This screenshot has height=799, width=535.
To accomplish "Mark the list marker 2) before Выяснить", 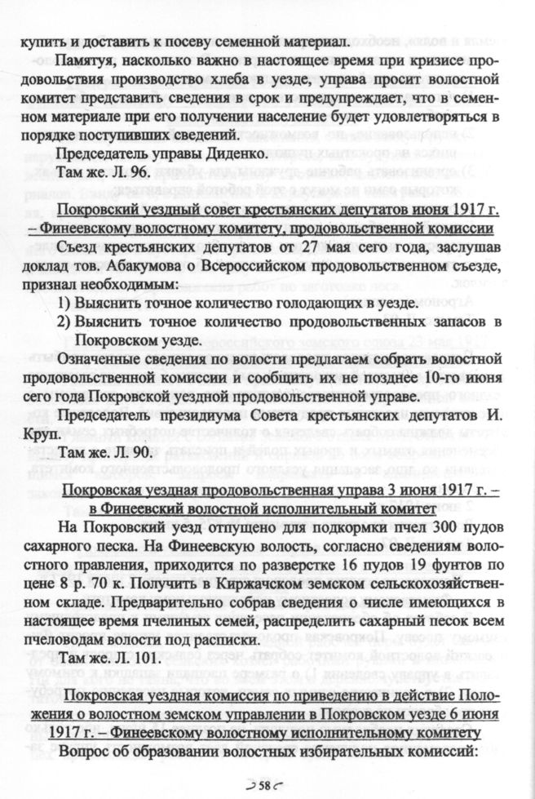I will tap(64, 321).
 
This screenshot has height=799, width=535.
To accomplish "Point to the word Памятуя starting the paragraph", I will tap(86, 62).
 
